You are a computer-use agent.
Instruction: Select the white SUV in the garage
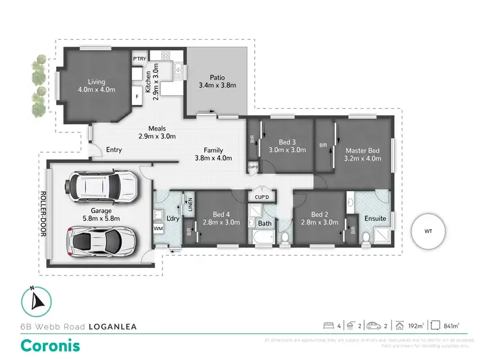click(97, 186)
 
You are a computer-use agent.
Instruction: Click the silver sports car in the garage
click(97, 240)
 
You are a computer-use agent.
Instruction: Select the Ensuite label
click(375, 219)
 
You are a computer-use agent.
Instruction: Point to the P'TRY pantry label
click(139, 59)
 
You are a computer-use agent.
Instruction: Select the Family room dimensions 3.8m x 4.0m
click(214, 159)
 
